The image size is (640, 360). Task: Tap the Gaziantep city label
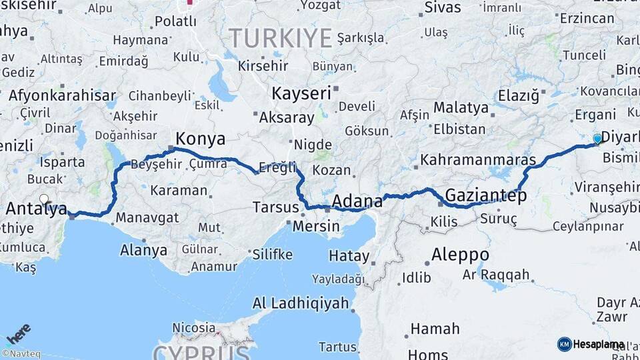[485, 195]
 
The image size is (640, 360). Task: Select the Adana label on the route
[357, 201]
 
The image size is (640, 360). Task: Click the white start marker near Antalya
[44, 199]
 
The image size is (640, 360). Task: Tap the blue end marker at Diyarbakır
[597, 139]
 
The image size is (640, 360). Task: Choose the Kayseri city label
[301, 93]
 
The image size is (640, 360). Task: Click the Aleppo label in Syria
[460, 255]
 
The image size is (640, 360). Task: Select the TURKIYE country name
[280, 37]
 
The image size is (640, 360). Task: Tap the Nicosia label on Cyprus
[193, 327]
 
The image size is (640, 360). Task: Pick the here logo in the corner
[19, 333]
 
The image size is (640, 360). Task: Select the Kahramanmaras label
[478, 161]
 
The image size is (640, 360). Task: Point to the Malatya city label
[461, 107]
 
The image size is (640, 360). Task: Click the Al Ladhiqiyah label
[301, 303]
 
